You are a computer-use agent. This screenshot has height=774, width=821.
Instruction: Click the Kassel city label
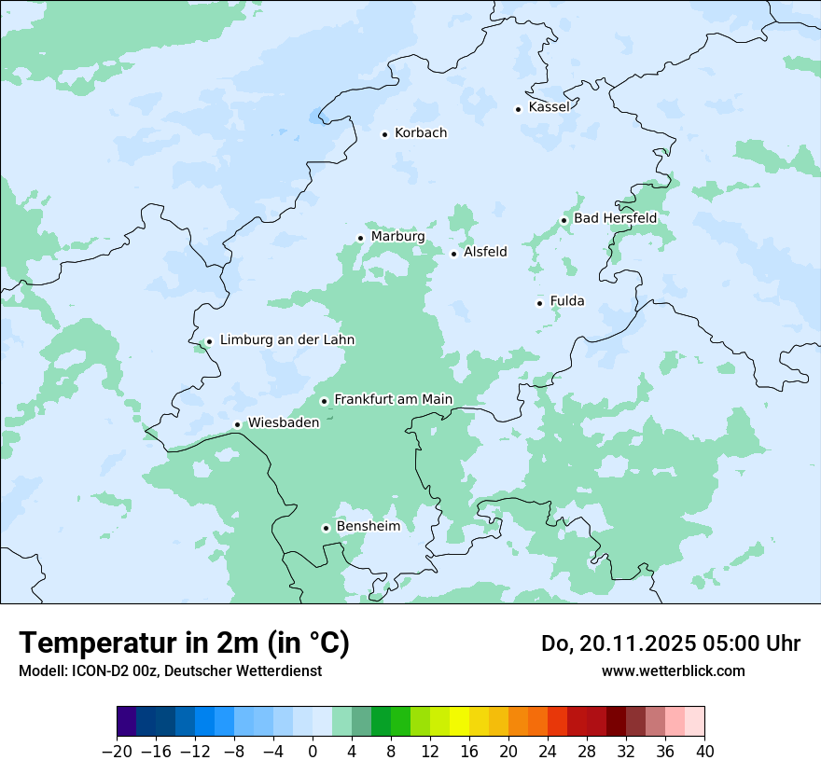pyautogui.click(x=549, y=107)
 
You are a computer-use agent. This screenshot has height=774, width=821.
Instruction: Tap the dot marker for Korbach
pyautogui.click(x=384, y=134)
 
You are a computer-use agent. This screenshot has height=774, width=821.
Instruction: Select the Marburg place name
pyautogui.click(x=397, y=237)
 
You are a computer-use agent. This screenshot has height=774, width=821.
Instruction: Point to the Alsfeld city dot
pyautogui.click(x=454, y=254)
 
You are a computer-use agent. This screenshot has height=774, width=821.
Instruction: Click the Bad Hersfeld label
pyautogui.click(x=615, y=218)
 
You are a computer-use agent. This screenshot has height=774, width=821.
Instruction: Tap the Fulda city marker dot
pyautogui.click(x=539, y=303)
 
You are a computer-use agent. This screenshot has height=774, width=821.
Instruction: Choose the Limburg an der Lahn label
pyautogui.click(x=287, y=340)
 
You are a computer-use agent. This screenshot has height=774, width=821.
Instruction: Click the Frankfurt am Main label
pyautogui.click(x=393, y=399)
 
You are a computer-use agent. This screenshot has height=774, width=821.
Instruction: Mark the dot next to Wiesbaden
pyautogui.click(x=238, y=425)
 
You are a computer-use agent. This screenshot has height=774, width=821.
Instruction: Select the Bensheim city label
pyautogui.click(x=368, y=526)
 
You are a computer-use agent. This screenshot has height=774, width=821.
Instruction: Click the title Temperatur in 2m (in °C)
pyautogui.click(x=184, y=643)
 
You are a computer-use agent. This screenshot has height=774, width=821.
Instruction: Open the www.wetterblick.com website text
pyautogui.click(x=673, y=670)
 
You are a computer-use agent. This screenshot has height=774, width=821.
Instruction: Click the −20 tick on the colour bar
pyautogui.click(x=117, y=752)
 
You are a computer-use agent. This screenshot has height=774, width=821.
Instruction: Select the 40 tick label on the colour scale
pyautogui.click(x=704, y=752)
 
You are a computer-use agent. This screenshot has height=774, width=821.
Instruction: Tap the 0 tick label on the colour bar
pyautogui.click(x=313, y=752)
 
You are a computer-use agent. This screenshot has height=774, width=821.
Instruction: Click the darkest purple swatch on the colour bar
pyautogui.click(x=126, y=722)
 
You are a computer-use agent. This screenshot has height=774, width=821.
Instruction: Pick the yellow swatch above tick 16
pyautogui.click(x=459, y=722)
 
